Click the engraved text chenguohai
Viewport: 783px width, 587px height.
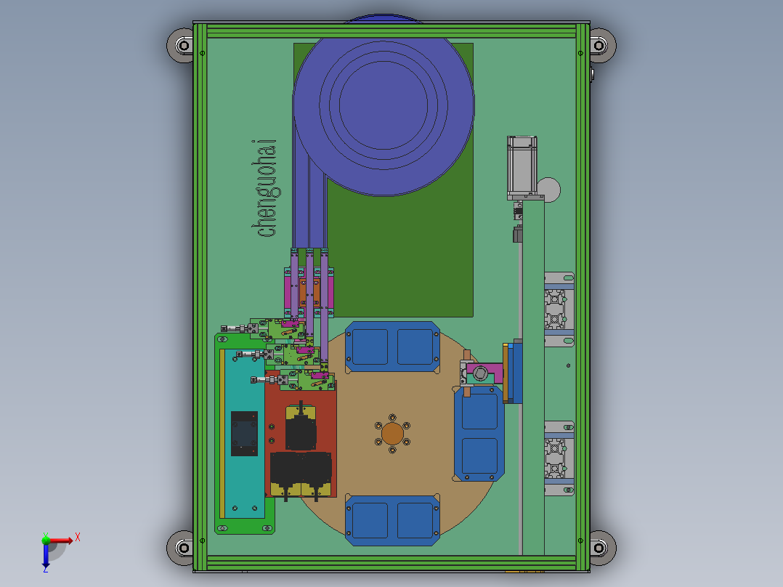pos(264,189)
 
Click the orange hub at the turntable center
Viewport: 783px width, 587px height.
pos(392,434)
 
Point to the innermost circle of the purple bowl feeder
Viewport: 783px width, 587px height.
pos(384,105)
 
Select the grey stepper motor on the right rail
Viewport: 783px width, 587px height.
pos(522,167)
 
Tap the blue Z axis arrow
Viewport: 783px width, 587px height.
pos(46,555)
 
